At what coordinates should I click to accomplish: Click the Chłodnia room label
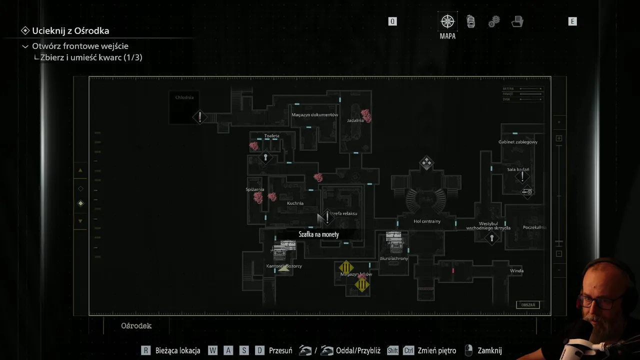pos(184,97)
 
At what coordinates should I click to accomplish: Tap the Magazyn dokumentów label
pos(315,115)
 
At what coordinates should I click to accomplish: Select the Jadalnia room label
pos(355,120)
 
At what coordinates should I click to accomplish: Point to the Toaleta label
pos(272,136)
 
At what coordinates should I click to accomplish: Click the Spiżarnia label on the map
pos(255,189)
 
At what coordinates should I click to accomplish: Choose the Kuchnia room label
pos(295,203)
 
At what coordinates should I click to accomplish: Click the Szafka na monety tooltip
pos(319,234)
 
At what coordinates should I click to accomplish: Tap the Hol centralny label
pos(427,221)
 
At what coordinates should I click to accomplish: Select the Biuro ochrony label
pos(394,258)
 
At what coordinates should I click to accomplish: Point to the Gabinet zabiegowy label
pos(518,142)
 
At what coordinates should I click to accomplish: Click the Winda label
pos(516,271)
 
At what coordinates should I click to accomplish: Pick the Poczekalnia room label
pos(534,227)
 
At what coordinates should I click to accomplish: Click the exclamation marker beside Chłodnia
pos(200,117)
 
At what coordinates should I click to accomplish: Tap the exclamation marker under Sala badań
pos(522,176)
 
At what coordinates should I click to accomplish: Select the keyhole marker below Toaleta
pos(265,158)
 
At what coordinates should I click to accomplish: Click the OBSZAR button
pos(528,305)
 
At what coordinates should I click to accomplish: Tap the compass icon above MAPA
pos(447,21)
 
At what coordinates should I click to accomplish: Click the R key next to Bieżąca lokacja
pos(146,350)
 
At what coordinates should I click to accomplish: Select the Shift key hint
pos(392,350)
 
